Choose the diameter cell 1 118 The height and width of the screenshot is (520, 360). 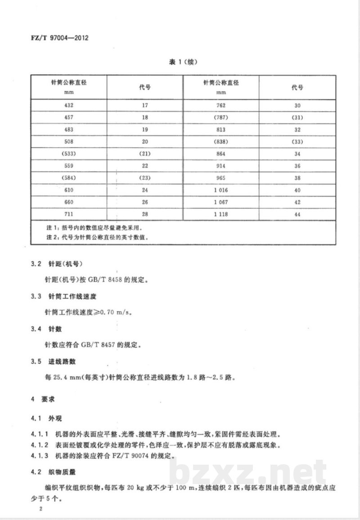(221, 214)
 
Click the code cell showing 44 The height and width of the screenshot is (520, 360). (297, 215)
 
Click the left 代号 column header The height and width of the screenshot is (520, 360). (145, 87)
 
